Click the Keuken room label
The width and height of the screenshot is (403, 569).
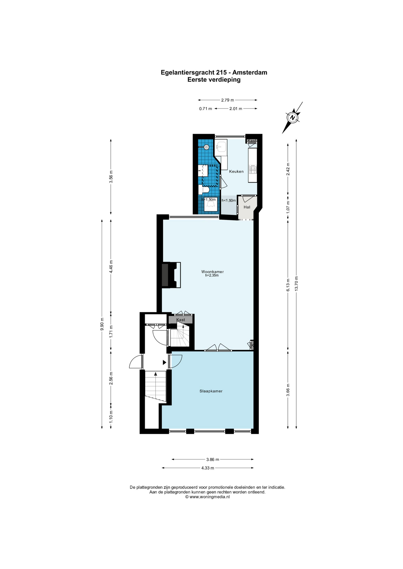(236, 171)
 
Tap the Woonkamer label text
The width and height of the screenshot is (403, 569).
(212, 271)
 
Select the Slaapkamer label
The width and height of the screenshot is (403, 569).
(211, 391)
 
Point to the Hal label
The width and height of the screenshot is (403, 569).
(247, 207)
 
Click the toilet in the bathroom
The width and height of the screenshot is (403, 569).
(204, 189)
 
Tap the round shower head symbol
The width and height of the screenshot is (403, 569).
(207, 147)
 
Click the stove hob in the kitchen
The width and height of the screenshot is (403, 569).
(253, 169)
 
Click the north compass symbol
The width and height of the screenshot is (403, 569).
(293, 118)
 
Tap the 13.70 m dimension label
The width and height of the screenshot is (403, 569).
(296, 284)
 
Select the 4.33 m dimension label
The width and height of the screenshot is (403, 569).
(207, 468)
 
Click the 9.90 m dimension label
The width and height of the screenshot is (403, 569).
(102, 324)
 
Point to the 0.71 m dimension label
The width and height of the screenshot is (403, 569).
(206, 108)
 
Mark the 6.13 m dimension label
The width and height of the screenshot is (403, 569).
(288, 285)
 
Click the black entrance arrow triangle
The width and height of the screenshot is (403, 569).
(164, 362)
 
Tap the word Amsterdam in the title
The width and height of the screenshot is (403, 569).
(250, 72)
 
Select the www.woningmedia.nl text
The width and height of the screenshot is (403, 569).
(210, 497)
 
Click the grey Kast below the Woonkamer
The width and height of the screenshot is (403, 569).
(181, 320)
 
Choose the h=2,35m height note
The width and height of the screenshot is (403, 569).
(212, 275)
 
